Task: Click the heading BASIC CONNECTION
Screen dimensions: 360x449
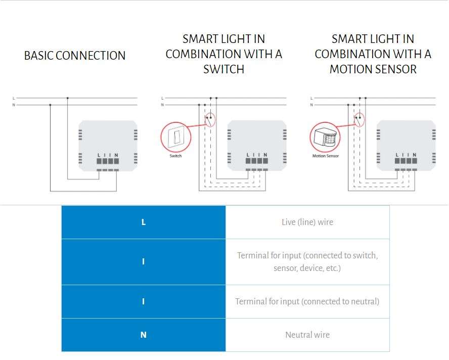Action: pyautogui.click(x=75, y=56)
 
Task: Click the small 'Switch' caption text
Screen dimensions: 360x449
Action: pyautogui.click(x=176, y=156)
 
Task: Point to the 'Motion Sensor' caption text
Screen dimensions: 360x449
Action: pyautogui.click(x=326, y=156)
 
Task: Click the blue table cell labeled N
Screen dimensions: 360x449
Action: pyautogui.click(x=144, y=335)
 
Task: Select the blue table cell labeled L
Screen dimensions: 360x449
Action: pyautogui.click(x=144, y=222)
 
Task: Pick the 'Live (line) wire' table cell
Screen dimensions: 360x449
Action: pyautogui.click(x=307, y=222)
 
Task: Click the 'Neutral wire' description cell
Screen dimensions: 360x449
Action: pyautogui.click(x=307, y=335)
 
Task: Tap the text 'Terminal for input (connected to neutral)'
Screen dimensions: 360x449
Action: pyautogui.click(x=307, y=301)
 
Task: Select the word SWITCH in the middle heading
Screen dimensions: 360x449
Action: pyautogui.click(x=224, y=69)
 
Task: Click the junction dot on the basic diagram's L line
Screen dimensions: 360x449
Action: pyautogui.click(x=67, y=98)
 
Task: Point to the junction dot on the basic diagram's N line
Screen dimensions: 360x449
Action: pyautogui.click(x=50, y=105)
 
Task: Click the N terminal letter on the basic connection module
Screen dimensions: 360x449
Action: pyautogui.click(x=116, y=155)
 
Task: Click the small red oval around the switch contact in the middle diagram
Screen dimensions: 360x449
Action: pyautogui.click(x=210, y=120)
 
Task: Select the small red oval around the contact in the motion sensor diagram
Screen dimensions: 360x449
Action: pyautogui.click(x=359, y=120)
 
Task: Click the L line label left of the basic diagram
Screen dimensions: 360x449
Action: pyautogui.click(x=13, y=98)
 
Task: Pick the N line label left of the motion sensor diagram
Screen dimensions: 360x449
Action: pyautogui.click(x=311, y=105)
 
